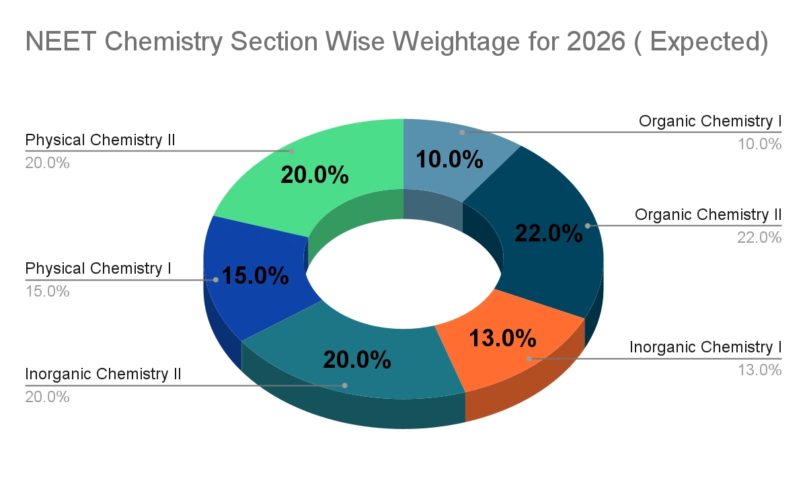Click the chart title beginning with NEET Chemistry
click(x=397, y=42)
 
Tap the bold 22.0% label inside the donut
click(x=548, y=233)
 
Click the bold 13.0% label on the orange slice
click(x=502, y=338)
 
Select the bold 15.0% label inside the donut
click(x=256, y=276)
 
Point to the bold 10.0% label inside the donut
click(x=449, y=159)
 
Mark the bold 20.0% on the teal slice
click(x=356, y=360)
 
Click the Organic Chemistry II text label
click(x=708, y=215)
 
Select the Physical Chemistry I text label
click(x=98, y=268)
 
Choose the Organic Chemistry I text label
click(x=710, y=121)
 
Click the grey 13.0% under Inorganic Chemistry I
click(x=761, y=369)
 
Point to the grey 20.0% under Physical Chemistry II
click(x=47, y=163)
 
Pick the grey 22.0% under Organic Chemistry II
click(x=760, y=237)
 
